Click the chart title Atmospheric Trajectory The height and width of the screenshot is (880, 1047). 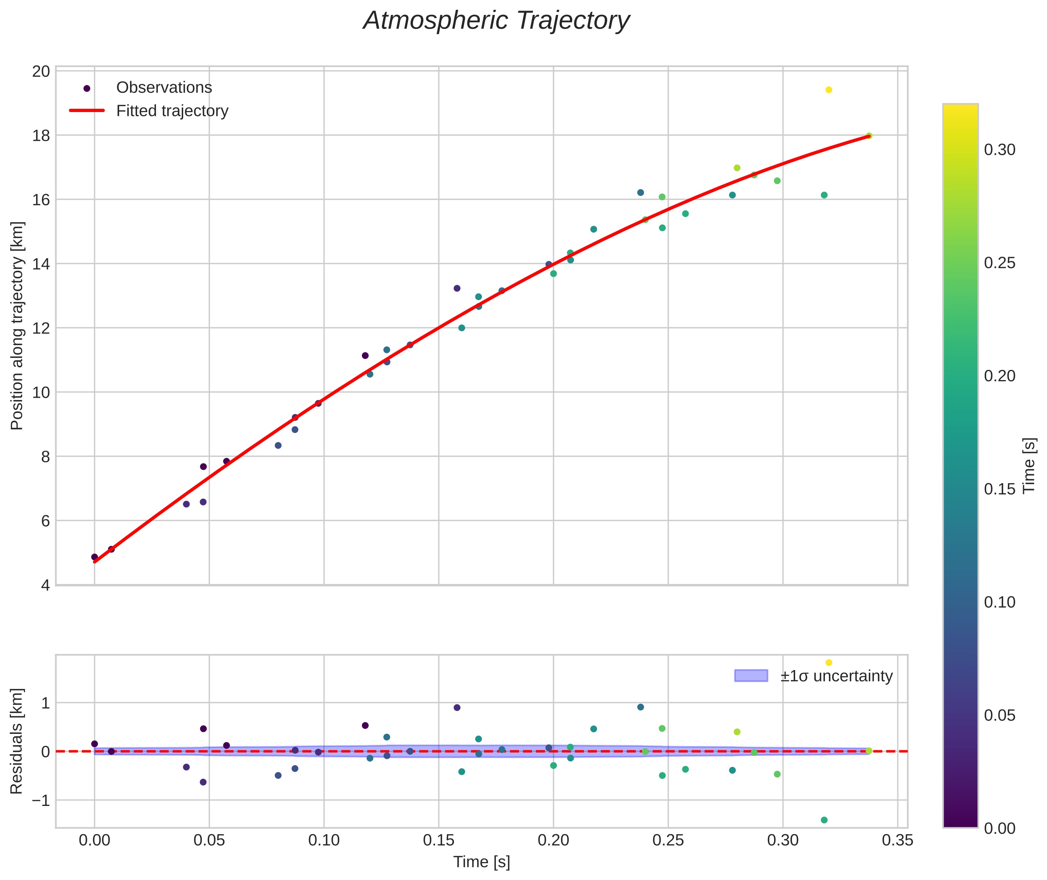tap(496, 21)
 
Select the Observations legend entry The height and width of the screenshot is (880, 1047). tap(164, 88)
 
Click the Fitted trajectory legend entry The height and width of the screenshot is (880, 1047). tap(172, 111)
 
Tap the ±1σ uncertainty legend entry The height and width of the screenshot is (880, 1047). tap(836, 676)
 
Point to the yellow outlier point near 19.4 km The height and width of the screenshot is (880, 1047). tap(828, 90)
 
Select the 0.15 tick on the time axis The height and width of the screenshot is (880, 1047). tap(438, 840)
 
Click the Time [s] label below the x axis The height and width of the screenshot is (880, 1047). tap(481, 862)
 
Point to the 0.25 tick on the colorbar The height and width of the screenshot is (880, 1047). tap(1000, 263)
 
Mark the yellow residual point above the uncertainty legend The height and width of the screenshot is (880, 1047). tap(828, 663)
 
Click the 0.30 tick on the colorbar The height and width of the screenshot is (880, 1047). tap(1000, 150)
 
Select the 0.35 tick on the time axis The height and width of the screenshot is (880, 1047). tap(897, 840)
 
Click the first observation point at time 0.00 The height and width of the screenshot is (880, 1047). tap(94, 557)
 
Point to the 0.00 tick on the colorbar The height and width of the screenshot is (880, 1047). tap(1000, 829)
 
